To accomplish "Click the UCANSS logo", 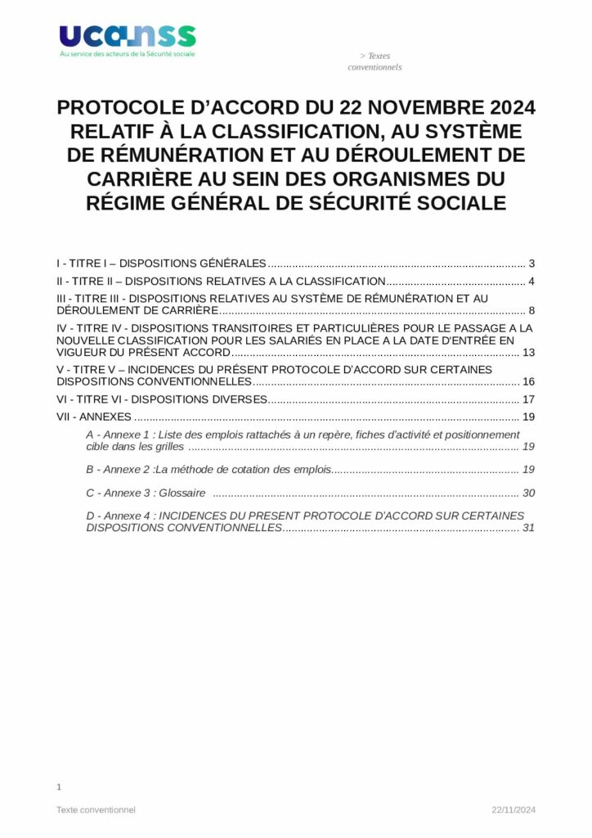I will [127, 36].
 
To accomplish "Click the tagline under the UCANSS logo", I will [127, 55].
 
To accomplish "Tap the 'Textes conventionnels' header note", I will [374, 61].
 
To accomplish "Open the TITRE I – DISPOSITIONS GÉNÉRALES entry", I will [161, 264].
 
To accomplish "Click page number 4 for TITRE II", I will [531, 282].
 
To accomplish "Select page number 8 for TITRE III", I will [531, 311].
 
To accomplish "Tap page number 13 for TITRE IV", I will [528, 353].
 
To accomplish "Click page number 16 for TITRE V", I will [528, 382].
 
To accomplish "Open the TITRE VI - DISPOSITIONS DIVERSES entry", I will [162, 399].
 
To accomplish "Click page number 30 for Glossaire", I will [528, 493].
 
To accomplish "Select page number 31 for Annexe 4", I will [528, 528].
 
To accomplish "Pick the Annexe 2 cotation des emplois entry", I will [209, 470].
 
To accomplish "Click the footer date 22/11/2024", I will [514, 810].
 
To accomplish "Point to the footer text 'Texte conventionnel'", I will [96, 810].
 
